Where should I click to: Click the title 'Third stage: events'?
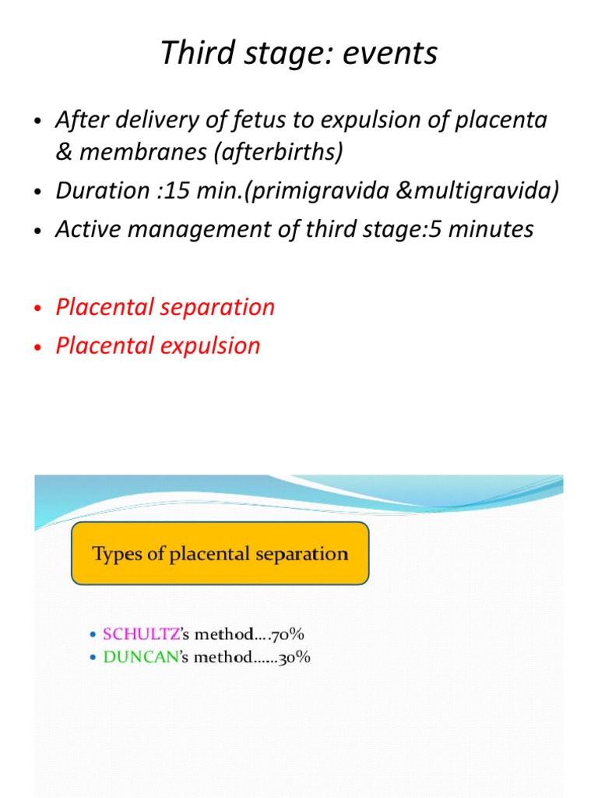(299, 53)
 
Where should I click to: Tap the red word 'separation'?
(221, 307)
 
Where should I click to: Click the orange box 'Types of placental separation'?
(220, 554)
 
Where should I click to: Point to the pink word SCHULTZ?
(135, 634)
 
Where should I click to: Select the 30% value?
(296, 657)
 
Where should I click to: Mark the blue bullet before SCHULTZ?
(93, 635)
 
